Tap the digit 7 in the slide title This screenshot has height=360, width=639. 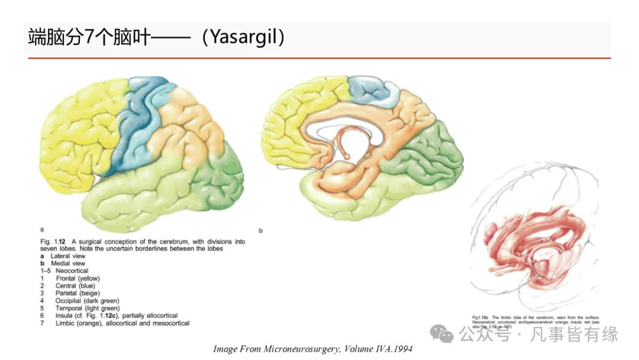pyautogui.click(x=87, y=37)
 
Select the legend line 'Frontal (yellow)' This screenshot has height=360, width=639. pyautogui.click(x=78, y=278)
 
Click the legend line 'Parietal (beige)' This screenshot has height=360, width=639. pyautogui.click(x=78, y=293)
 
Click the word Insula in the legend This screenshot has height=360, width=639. pyautogui.click(x=65, y=316)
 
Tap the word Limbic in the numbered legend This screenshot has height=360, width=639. pyautogui.click(x=65, y=324)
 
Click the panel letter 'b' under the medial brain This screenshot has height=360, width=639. pyautogui.click(x=260, y=230)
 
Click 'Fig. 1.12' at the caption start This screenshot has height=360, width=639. pyautogui.click(x=52, y=242)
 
